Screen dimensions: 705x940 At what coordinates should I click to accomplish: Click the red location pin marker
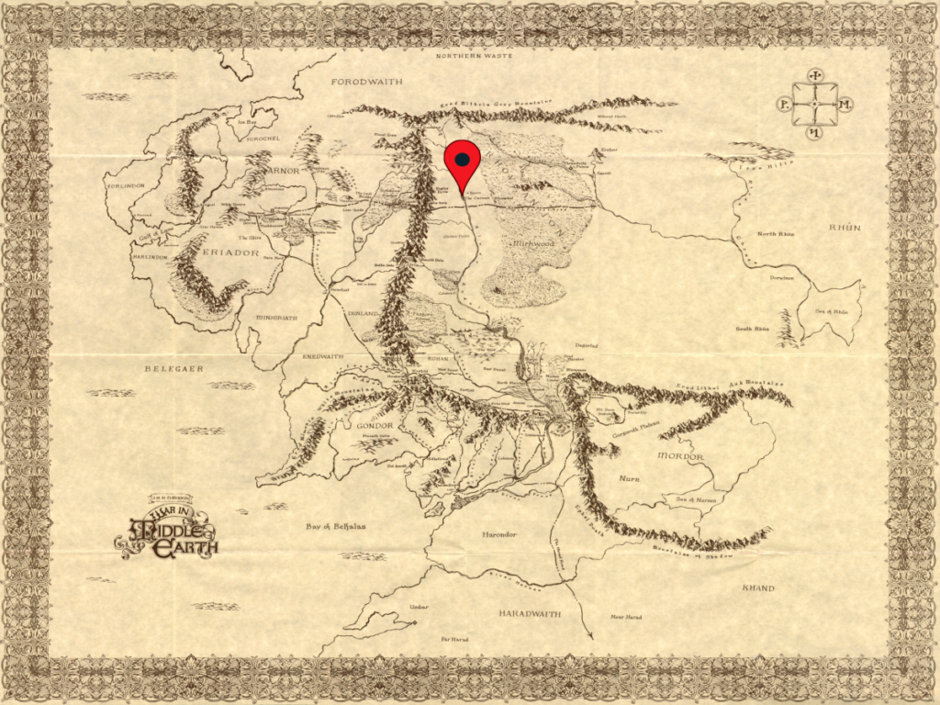[462, 162]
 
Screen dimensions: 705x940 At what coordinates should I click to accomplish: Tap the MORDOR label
[680, 456]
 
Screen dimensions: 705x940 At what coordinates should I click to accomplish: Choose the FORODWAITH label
[366, 82]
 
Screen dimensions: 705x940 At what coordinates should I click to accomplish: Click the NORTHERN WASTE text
[472, 56]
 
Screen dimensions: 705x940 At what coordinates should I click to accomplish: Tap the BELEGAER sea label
[173, 368]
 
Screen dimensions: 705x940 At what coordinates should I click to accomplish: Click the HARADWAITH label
[530, 612]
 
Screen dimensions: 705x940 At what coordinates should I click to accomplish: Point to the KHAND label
[758, 587]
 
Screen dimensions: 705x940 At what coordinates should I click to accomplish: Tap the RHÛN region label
[845, 227]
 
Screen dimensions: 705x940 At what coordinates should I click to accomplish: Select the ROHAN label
[440, 358]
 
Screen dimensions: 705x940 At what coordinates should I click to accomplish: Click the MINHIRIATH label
[276, 318]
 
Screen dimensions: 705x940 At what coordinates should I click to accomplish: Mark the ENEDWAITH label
[321, 356]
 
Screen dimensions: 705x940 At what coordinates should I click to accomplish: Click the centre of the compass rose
[814, 105]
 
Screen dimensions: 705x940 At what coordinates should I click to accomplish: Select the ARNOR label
[285, 169]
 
